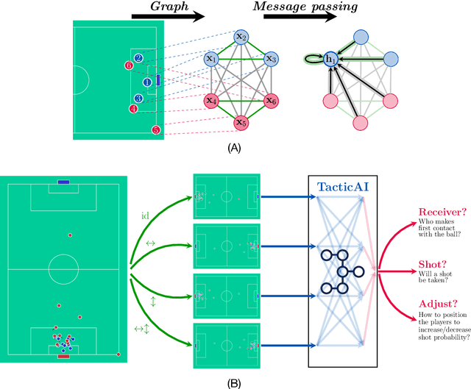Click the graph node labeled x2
(241, 38)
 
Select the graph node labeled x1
(212, 58)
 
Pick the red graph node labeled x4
(212, 100)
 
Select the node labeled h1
(331, 59)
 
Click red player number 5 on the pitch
(155, 129)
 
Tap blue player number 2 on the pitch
(139, 57)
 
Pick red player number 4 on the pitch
(133, 109)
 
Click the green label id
(145, 215)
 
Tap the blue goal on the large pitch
(63, 182)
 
